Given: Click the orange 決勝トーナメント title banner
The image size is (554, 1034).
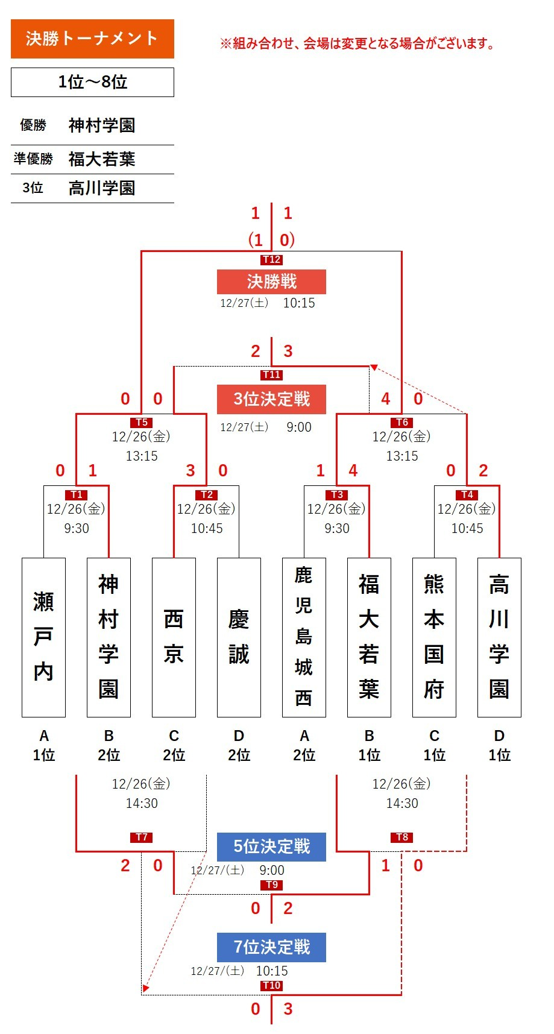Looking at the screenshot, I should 92,39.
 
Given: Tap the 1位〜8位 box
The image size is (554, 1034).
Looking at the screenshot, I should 92,82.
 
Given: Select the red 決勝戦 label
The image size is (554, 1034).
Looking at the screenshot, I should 271,282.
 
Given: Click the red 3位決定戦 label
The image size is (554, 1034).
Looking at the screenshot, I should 271,399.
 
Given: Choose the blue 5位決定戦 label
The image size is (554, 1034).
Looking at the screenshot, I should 271,846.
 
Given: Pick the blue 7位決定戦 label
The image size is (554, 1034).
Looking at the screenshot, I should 271,947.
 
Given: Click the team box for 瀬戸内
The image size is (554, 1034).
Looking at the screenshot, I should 43,637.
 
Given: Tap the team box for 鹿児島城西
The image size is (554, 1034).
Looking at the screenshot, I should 304,637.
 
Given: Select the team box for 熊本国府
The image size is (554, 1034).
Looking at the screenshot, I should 434,637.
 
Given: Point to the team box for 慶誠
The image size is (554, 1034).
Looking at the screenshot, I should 239,637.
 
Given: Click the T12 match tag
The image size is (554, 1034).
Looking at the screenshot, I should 271,260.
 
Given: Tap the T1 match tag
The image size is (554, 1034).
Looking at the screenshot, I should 77,495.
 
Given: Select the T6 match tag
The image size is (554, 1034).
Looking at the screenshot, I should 402,423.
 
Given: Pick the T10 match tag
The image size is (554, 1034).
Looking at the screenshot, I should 271,986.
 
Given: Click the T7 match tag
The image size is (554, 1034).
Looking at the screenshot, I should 142,837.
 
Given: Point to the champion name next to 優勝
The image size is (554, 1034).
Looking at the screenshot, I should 102,125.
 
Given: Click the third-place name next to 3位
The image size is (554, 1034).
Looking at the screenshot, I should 102,188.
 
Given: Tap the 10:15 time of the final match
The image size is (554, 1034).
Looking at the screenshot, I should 299,303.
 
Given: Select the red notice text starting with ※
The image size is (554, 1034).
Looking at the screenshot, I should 357,43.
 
